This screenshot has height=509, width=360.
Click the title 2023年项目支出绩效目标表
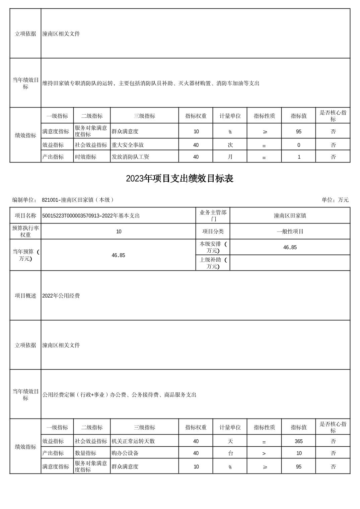tap(179, 179)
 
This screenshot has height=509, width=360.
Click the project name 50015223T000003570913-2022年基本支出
tap(91, 216)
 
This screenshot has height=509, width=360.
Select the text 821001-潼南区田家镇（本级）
tap(78, 200)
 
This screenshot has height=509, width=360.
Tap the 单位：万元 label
tap(335, 200)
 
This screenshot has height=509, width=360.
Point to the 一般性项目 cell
tap(290, 232)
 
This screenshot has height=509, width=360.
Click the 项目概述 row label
tap(25, 296)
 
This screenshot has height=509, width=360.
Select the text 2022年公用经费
tap(61, 296)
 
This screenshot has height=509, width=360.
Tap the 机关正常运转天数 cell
tap(133, 441)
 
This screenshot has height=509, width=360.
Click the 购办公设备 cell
tap(125, 453)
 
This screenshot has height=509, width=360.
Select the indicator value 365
tap(298, 441)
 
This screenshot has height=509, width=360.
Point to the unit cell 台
tap(230, 453)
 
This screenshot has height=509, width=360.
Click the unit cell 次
tap(230, 145)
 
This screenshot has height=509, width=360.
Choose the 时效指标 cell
tap(86, 157)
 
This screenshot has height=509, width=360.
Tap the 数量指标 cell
tap(86, 453)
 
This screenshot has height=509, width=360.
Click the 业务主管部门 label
tap(213, 216)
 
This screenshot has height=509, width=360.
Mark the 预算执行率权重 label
tap(25, 232)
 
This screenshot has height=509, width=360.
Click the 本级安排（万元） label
tap(213, 247)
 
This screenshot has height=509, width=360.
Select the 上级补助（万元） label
tap(213, 263)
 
